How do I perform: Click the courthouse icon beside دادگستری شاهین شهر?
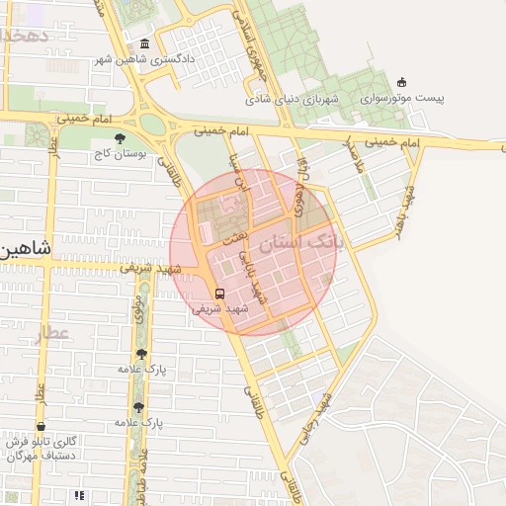click(146, 45)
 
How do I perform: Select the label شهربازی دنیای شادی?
click(294, 100)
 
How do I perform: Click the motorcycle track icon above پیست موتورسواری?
click(401, 84)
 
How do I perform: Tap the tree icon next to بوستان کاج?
click(121, 138)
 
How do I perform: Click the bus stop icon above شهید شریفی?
click(219, 293)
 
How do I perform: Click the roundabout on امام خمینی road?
click(152, 123)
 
